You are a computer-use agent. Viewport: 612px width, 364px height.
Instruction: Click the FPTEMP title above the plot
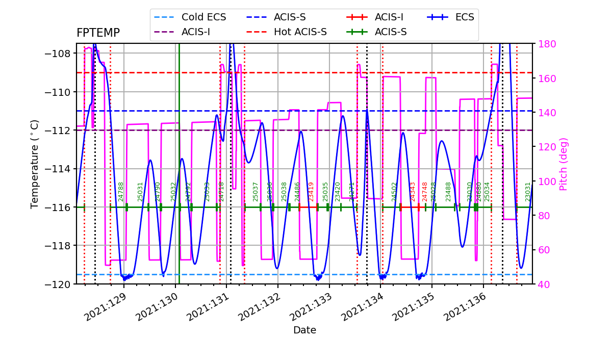[x=98, y=33]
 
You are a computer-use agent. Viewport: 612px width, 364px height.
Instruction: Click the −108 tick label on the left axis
[x=60, y=54]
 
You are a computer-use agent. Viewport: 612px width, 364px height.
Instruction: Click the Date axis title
[x=304, y=330]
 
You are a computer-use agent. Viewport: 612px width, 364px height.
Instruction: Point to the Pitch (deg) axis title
[x=564, y=164]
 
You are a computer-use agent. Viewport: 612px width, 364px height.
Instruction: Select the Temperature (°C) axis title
[x=35, y=164]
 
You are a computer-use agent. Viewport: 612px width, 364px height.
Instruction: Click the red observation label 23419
[x=311, y=192]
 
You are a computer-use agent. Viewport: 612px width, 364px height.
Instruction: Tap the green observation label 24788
[x=121, y=192]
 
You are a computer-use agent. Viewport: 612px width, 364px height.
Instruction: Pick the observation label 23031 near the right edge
[x=528, y=192]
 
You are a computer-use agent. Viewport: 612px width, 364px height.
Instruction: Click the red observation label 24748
[x=425, y=192]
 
